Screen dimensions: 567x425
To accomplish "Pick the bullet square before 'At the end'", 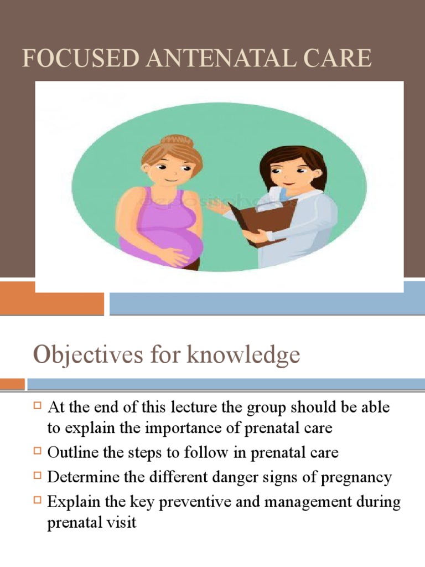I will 38,406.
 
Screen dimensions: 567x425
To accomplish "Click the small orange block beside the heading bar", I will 12,384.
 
